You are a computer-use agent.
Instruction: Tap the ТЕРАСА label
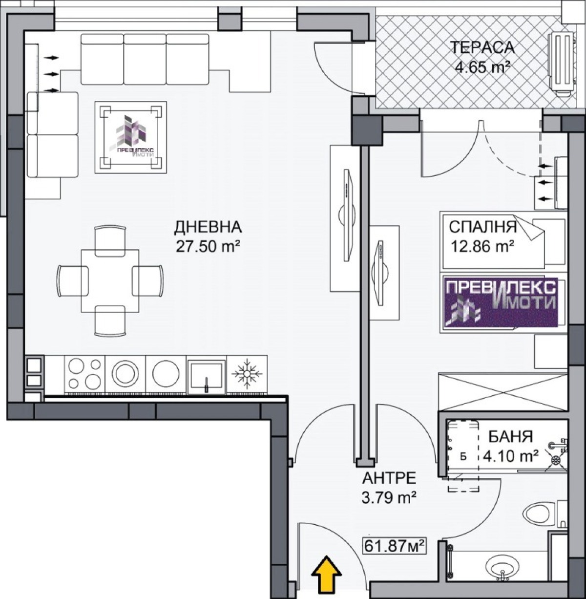pos(482,47)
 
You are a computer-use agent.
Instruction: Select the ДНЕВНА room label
pos(208,227)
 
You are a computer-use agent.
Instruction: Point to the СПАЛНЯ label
pos(482,227)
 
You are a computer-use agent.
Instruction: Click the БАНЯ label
pos(511,436)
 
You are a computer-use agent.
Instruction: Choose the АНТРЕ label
pos(389,478)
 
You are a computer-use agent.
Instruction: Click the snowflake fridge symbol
pos(247,374)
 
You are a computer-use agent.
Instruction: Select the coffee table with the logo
pos(131,137)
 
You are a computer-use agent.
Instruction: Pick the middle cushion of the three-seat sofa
pos(145,59)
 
